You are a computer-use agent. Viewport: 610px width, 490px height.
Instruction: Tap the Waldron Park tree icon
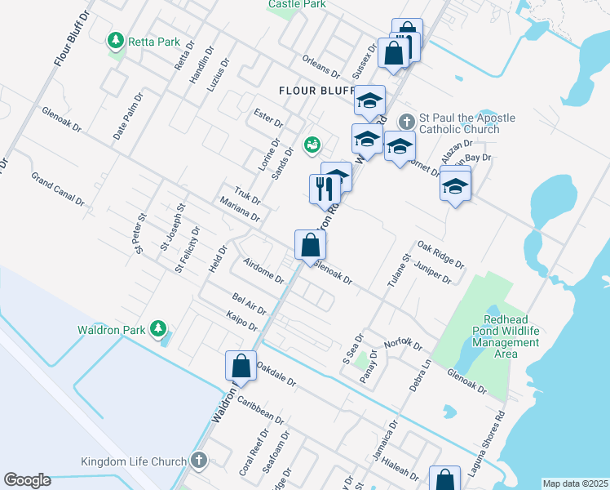tap(158, 330)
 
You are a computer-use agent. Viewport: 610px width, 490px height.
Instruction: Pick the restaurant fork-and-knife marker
tap(325, 189)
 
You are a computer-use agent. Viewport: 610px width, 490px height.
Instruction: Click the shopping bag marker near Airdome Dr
tap(311, 244)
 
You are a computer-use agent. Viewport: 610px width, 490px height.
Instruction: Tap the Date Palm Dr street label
tap(128, 115)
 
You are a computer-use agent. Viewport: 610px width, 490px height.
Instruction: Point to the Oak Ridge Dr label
tap(440, 254)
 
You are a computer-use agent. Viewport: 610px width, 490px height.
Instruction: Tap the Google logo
tap(27, 480)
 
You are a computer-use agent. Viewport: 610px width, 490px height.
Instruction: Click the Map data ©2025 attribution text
tap(575, 483)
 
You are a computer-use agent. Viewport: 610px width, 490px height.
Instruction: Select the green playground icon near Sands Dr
tap(311, 146)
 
